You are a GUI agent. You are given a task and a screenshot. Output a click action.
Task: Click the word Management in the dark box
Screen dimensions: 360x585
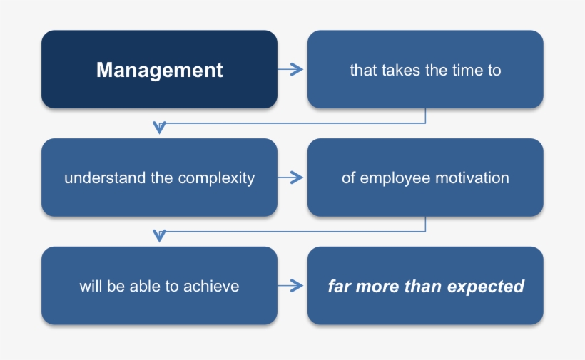pyautogui.click(x=159, y=70)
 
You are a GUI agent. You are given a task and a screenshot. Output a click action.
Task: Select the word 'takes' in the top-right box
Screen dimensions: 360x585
pyautogui.click(x=401, y=71)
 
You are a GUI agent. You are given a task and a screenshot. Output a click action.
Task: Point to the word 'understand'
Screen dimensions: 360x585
pyautogui.click(x=105, y=178)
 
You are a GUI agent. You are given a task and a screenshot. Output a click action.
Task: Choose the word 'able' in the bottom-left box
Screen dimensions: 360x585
pyautogui.click(x=143, y=287)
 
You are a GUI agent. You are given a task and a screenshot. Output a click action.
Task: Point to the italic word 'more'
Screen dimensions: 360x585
pyautogui.click(x=375, y=287)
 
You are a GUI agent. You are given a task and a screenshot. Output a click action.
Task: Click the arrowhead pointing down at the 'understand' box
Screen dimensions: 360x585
pyautogui.click(x=160, y=128)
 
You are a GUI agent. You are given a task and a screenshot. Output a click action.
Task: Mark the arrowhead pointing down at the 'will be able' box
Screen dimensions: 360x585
pyautogui.click(x=160, y=236)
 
